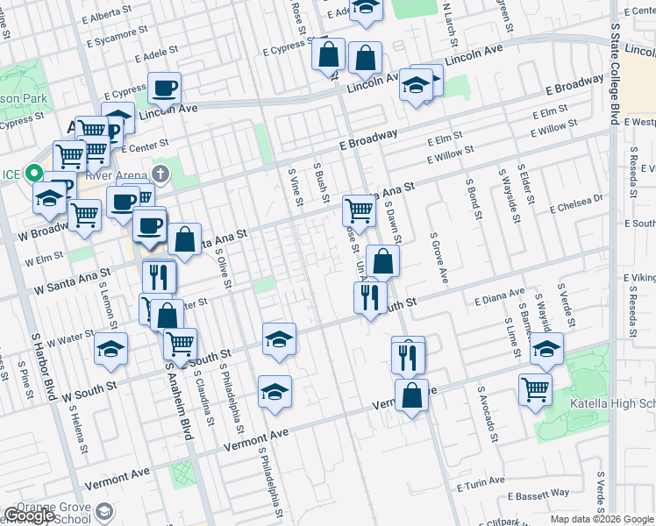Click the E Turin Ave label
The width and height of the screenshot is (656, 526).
click(481, 480)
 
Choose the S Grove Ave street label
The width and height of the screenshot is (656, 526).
click(439, 258)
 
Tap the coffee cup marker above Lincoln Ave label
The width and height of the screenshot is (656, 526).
click(164, 88)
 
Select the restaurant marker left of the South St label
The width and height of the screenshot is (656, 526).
click(371, 296)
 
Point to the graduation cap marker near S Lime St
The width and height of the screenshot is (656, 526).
click(546, 349)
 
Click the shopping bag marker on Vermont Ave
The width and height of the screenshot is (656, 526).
click(411, 395)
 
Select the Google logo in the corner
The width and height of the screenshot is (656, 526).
click(29, 515)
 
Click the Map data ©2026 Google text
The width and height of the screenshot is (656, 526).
click(602, 519)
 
